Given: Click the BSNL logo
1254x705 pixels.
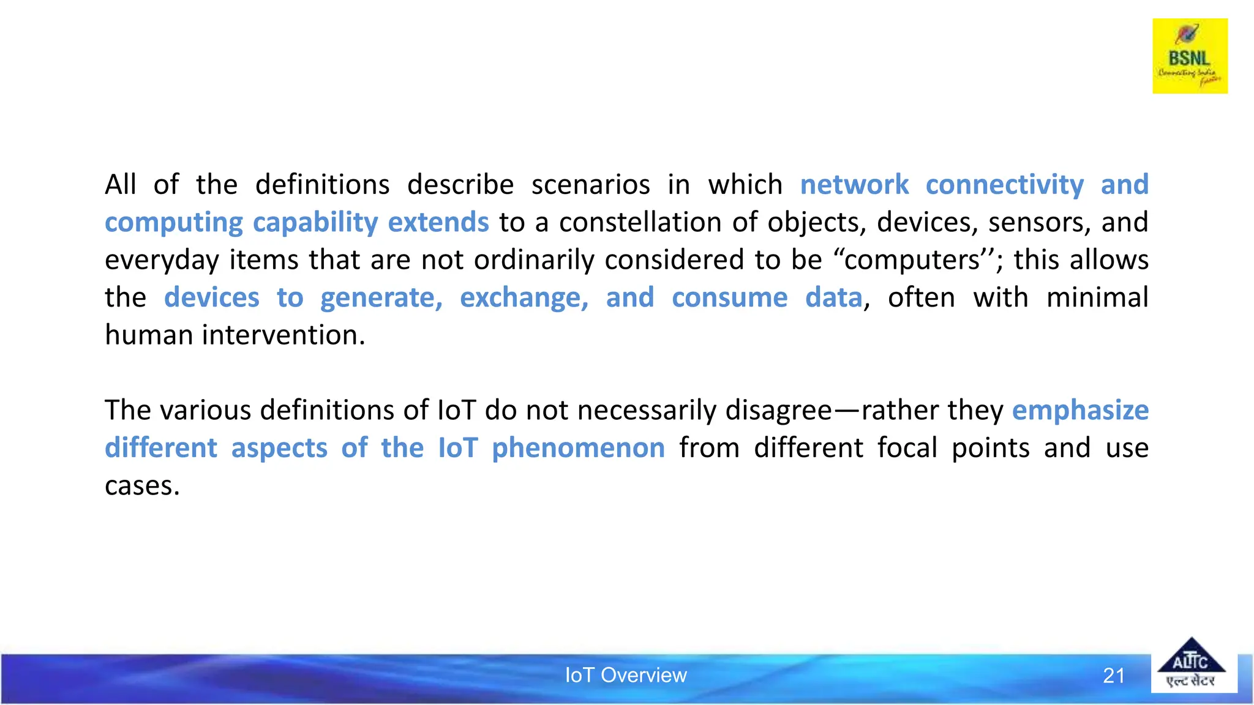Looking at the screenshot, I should tap(1190, 56).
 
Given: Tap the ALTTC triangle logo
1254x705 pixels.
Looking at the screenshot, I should tap(1191, 665).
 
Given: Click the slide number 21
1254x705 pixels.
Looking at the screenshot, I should tap(1113, 676).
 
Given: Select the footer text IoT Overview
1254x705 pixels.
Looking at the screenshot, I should tap(625, 675).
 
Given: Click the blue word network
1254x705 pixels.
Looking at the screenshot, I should tap(854, 185).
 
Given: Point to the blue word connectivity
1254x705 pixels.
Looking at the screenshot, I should tap(1004, 185).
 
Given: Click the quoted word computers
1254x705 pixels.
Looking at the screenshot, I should tap(912, 260).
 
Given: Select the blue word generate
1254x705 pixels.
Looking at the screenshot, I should tap(380, 298).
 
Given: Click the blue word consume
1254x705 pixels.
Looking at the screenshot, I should tap(729, 298).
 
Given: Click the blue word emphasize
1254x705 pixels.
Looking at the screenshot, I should tap(1080, 411).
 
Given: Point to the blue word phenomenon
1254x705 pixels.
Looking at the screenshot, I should tap(578, 448).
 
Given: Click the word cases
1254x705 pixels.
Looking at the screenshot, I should tap(141, 486).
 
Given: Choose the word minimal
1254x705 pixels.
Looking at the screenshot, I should tap(1097, 298).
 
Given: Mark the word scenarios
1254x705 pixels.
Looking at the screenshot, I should tap(590, 185).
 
